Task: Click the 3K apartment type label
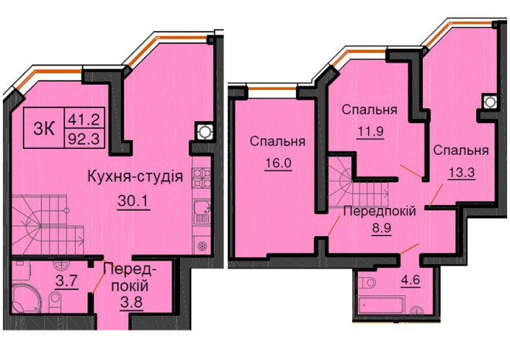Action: [44, 128]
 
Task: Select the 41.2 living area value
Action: [84, 120]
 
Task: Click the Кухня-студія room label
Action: [135, 177]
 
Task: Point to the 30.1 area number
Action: [133, 201]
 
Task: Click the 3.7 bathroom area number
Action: [67, 281]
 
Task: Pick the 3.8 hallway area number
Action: [131, 303]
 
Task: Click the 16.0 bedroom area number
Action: [278, 163]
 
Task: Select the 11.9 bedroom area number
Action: [370, 132]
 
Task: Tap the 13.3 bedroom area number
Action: [462, 172]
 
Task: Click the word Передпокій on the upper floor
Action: [380, 212]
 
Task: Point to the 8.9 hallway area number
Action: [382, 228]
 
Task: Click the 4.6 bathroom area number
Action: [411, 279]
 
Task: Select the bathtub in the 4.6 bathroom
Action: [381, 305]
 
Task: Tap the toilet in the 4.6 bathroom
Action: [367, 282]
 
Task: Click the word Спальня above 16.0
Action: [277, 141]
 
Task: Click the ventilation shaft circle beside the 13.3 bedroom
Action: [490, 102]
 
